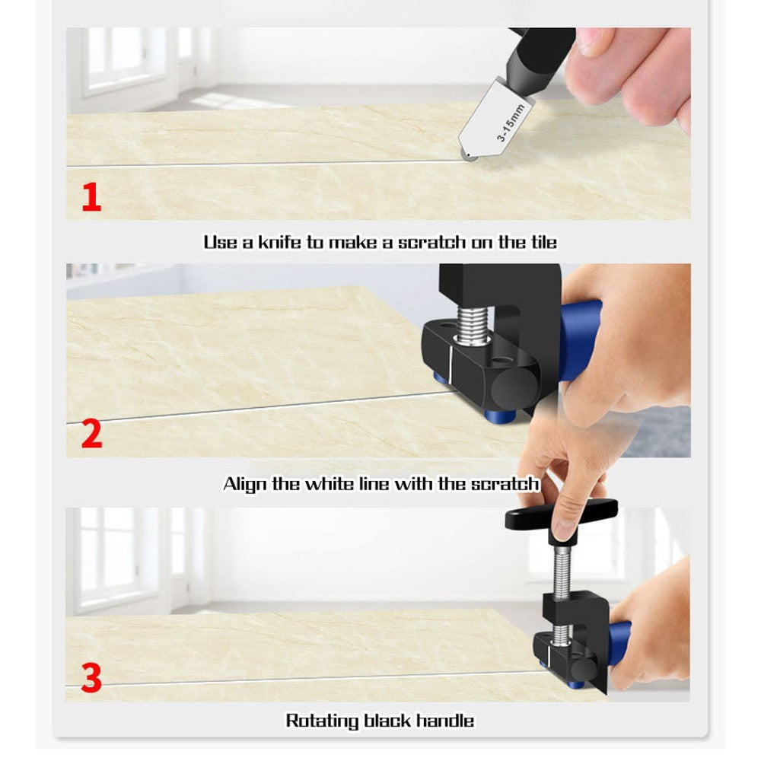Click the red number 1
pos(91,196)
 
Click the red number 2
pos(91,434)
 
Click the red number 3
pos(91,677)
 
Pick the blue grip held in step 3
pos(618,644)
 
